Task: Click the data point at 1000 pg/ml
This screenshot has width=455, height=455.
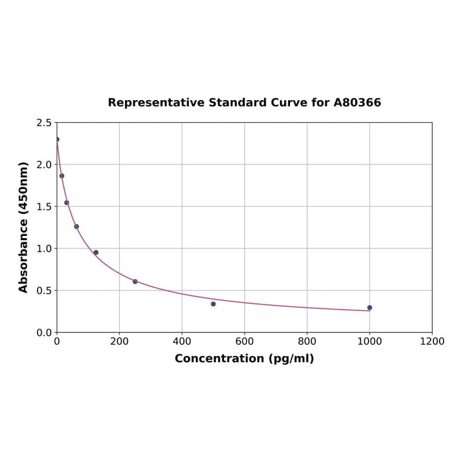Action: tap(369, 308)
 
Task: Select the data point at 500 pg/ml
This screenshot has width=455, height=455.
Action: tap(213, 304)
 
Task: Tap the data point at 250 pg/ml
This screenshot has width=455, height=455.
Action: tap(135, 282)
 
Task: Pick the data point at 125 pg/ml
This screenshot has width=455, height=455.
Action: tap(96, 253)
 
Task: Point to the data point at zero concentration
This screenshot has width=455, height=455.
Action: tap(57, 139)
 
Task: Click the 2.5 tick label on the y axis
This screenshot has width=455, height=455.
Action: tap(44, 123)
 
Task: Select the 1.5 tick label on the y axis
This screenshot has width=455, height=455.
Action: tap(44, 207)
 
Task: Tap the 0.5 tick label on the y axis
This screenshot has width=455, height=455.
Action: tap(44, 291)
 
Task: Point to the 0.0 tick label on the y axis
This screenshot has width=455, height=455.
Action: tap(44, 332)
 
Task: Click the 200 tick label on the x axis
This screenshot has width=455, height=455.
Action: tap(119, 342)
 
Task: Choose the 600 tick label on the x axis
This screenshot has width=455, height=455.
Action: tap(244, 342)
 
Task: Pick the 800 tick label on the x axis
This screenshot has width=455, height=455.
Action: tap(307, 342)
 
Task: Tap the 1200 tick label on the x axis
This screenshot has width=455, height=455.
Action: tap(432, 342)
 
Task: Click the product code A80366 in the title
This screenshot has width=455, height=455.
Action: tap(357, 103)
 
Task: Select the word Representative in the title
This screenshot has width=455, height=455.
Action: tap(156, 103)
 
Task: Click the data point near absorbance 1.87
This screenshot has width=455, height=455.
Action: tap(61, 176)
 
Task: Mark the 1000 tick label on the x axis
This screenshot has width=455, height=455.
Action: tap(369, 342)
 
